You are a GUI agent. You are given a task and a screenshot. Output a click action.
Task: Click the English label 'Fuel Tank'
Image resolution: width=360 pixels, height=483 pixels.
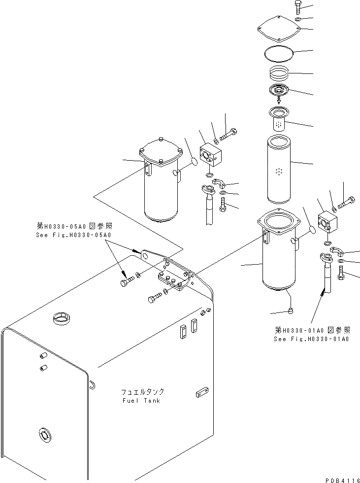click(141, 400)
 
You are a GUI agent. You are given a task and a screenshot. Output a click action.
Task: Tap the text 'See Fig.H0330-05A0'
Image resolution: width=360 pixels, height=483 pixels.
click(74, 235)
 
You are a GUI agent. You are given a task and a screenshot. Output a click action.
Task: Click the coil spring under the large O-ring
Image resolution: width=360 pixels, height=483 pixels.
click(282, 75)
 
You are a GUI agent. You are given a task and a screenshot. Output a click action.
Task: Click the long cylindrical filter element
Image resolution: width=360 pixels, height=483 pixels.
click(279, 171)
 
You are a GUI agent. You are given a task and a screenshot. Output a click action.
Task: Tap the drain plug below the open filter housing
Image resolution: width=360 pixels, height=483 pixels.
click(292, 310)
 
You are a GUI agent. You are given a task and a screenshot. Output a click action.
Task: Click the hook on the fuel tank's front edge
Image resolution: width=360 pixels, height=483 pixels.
click(92, 384)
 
